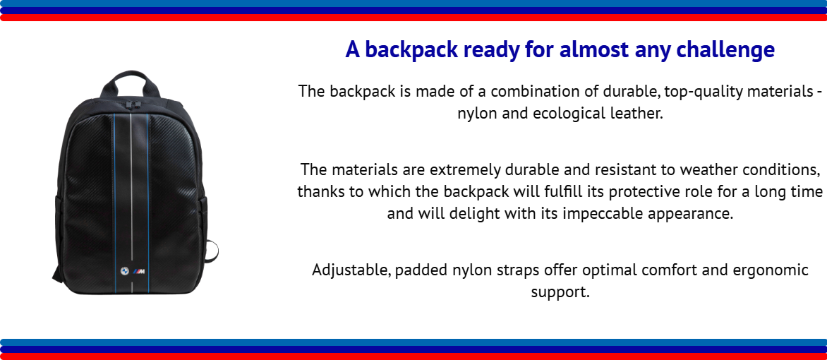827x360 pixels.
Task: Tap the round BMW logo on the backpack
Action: coord(124,270)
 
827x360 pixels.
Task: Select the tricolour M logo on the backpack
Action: coord(139,271)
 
